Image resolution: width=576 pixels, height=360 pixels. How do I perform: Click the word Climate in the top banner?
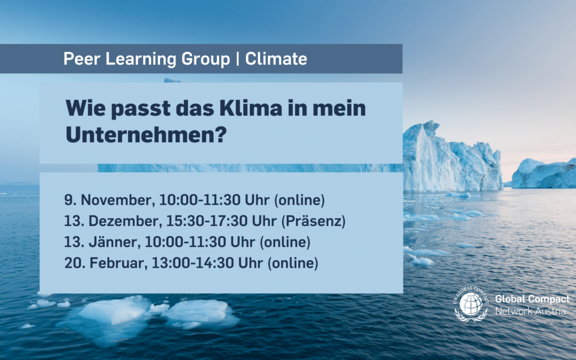tap(276, 59)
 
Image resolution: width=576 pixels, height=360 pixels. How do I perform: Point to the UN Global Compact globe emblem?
tap(471, 305)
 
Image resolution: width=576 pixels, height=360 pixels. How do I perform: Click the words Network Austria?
tap(530, 311)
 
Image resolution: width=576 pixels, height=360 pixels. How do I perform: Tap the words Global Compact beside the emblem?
tap(532, 299)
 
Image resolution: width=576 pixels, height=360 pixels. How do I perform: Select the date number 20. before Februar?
tap(73, 263)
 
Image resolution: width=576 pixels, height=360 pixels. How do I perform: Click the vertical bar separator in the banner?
tap(237, 59)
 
